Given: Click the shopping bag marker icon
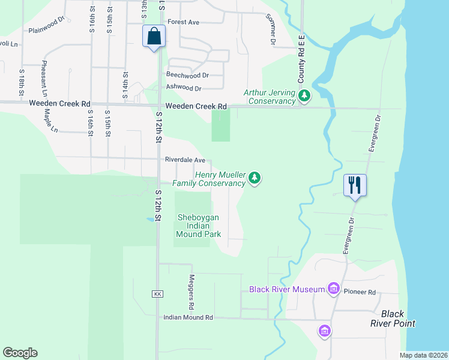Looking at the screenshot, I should point(154,36).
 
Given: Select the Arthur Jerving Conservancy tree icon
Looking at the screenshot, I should point(305,95).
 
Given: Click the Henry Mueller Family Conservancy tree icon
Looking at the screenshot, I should point(255,178).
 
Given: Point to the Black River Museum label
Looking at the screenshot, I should point(287,290).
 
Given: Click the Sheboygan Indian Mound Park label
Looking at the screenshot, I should point(199,226).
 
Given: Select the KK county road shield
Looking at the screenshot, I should point(158,294).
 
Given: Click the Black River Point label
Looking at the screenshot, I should point(399,319).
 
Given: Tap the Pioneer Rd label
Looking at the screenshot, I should point(360,292).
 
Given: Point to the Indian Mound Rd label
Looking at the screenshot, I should point(188,317).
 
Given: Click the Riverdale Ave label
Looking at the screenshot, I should point(186,160).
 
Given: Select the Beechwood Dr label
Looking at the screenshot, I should point(187,76).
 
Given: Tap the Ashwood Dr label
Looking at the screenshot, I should point(184,88).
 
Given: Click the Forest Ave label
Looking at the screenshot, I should point(184,22).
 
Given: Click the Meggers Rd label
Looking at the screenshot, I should point(191,292).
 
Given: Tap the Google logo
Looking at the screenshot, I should point(20,353).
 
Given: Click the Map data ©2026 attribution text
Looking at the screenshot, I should point(423,355).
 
